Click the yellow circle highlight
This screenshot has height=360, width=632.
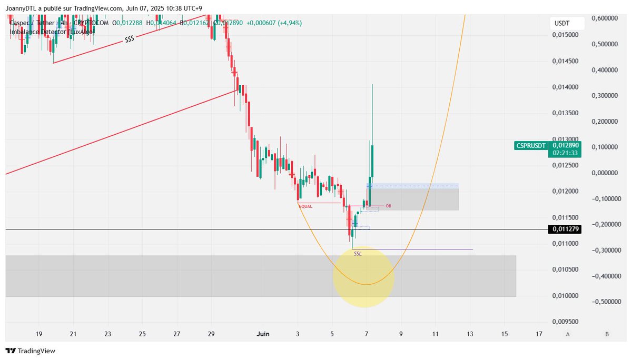point(363,277)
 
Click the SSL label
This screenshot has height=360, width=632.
point(358,254)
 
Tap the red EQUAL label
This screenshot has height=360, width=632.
point(305,206)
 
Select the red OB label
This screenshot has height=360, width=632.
point(389,206)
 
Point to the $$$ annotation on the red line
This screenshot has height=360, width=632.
point(129,40)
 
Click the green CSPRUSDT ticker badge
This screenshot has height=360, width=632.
point(531,145)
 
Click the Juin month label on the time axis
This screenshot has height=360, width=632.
point(263,334)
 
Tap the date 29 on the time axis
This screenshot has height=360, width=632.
point(211,334)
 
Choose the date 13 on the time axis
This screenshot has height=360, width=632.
point(470,334)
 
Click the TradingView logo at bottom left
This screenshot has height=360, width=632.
point(31,351)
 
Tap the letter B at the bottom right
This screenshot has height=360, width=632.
point(607,334)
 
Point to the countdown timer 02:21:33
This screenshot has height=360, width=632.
point(564,153)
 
